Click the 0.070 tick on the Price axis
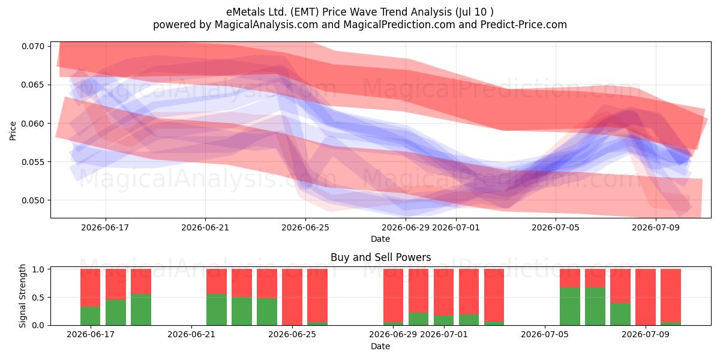[33, 46]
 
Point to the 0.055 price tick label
[33, 162]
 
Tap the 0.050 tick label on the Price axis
[33, 200]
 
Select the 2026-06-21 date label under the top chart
[205, 227]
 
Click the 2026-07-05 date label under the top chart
[556, 227]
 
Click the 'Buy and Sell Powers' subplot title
[380, 257]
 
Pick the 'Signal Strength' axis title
[22, 296]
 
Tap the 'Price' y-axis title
[13, 131]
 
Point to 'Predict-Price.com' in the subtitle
[524, 25]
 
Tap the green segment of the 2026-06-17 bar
[91, 316]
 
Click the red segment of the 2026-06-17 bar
[91, 287]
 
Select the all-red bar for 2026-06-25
[292, 297]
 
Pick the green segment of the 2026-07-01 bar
[443, 320]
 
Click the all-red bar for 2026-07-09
[646, 297]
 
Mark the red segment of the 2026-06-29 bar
[393, 296]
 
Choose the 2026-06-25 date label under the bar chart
[292, 334]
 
